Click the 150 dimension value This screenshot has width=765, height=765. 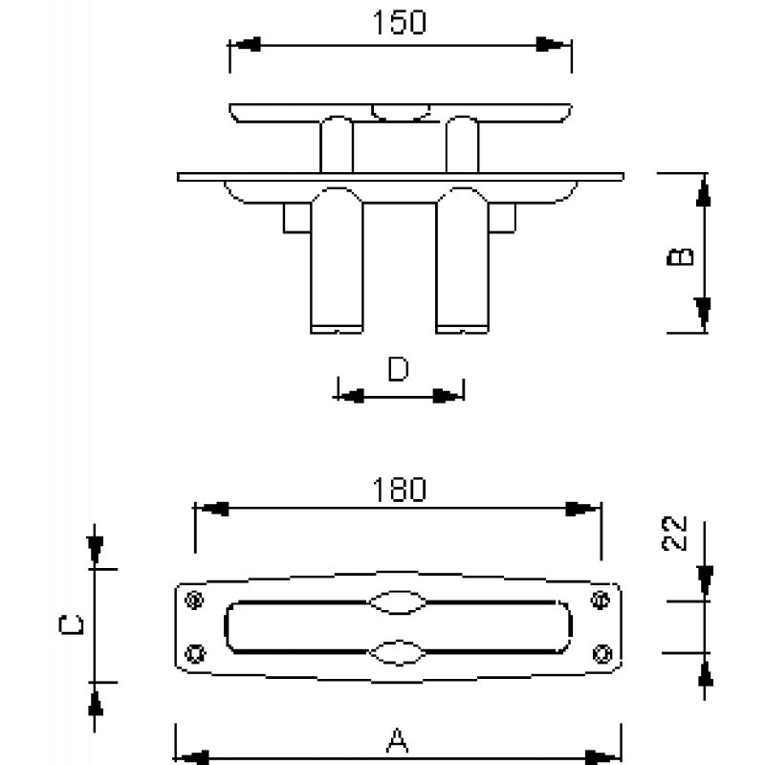click(x=399, y=22)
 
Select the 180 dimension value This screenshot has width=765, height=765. click(x=399, y=490)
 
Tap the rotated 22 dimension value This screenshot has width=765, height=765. click(x=674, y=534)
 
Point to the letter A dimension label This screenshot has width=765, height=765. click(x=397, y=740)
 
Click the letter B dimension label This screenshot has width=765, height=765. click(x=680, y=256)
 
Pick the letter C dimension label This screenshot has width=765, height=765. click(x=71, y=625)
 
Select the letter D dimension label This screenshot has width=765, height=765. click(x=398, y=369)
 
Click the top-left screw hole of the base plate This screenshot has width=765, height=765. click(x=195, y=600)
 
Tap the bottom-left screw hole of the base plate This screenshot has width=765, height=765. click(x=195, y=653)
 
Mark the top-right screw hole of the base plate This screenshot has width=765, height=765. click(x=601, y=600)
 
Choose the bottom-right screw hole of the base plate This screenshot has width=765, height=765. click(x=602, y=653)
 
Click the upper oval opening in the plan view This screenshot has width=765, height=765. click(x=397, y=601)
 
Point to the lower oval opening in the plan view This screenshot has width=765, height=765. click(x=397, y=652)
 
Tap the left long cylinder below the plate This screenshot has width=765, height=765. click(x=337, y=260)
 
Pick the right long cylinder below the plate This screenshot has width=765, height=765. click(x=462, y=260)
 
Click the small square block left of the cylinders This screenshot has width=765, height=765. click(x=297, y=218)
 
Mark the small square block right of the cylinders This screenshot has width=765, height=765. click(x=502, y=218)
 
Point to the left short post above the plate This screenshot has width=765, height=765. click(x=337, y=144)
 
